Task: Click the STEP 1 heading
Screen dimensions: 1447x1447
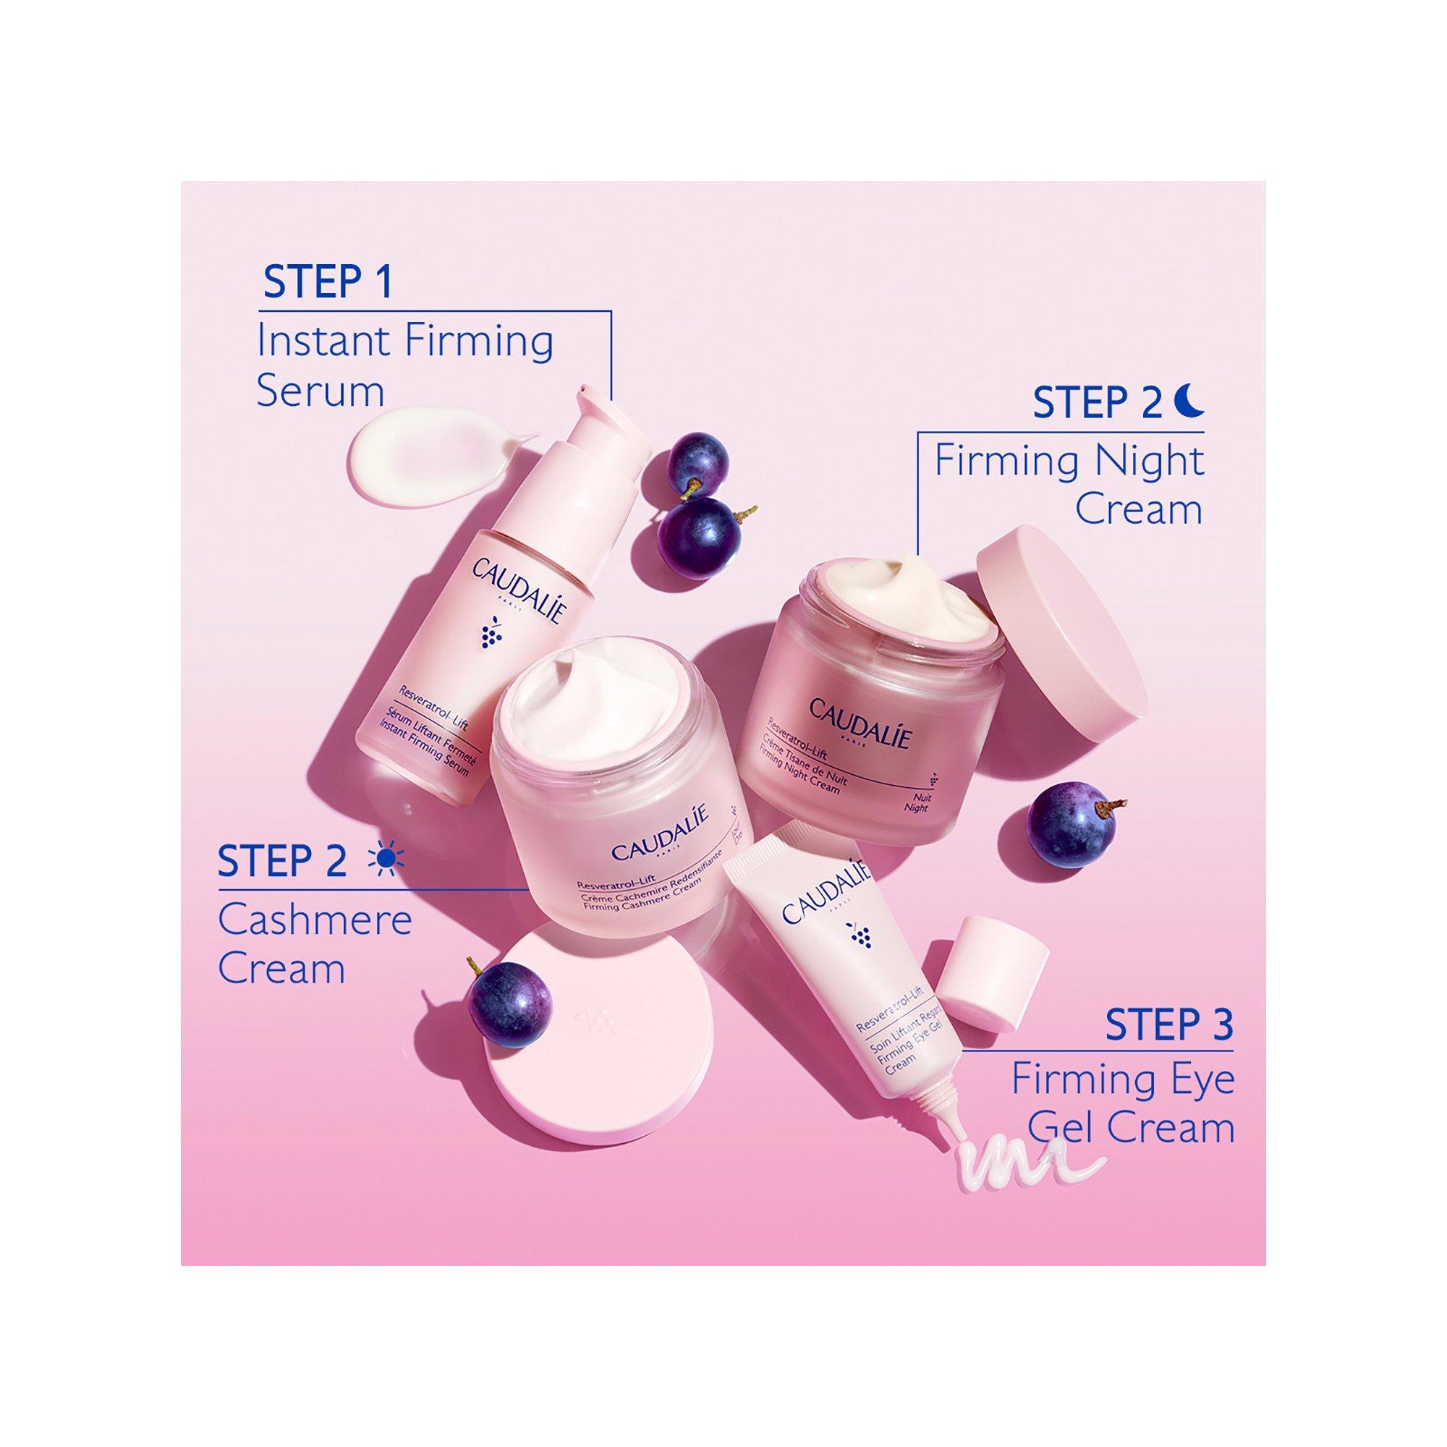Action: pos(327,281)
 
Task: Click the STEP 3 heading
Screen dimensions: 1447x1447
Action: pos(1168,1024)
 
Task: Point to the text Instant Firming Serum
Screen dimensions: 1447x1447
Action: pos(404,365)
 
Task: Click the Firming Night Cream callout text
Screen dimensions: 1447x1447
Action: pos(1069,485)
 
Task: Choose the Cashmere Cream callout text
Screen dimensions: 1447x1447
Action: pos(315,944)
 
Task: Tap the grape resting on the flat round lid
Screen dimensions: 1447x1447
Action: pos(510,1003)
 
